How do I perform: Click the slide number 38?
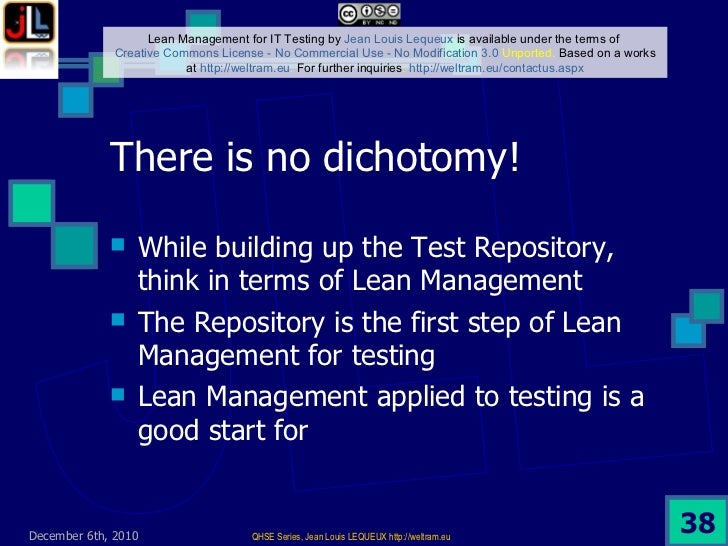coord(696,521)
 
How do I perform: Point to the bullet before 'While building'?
coord(119,243)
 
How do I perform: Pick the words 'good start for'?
coord(221,432)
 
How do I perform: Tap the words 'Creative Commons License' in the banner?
coord(177,52)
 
